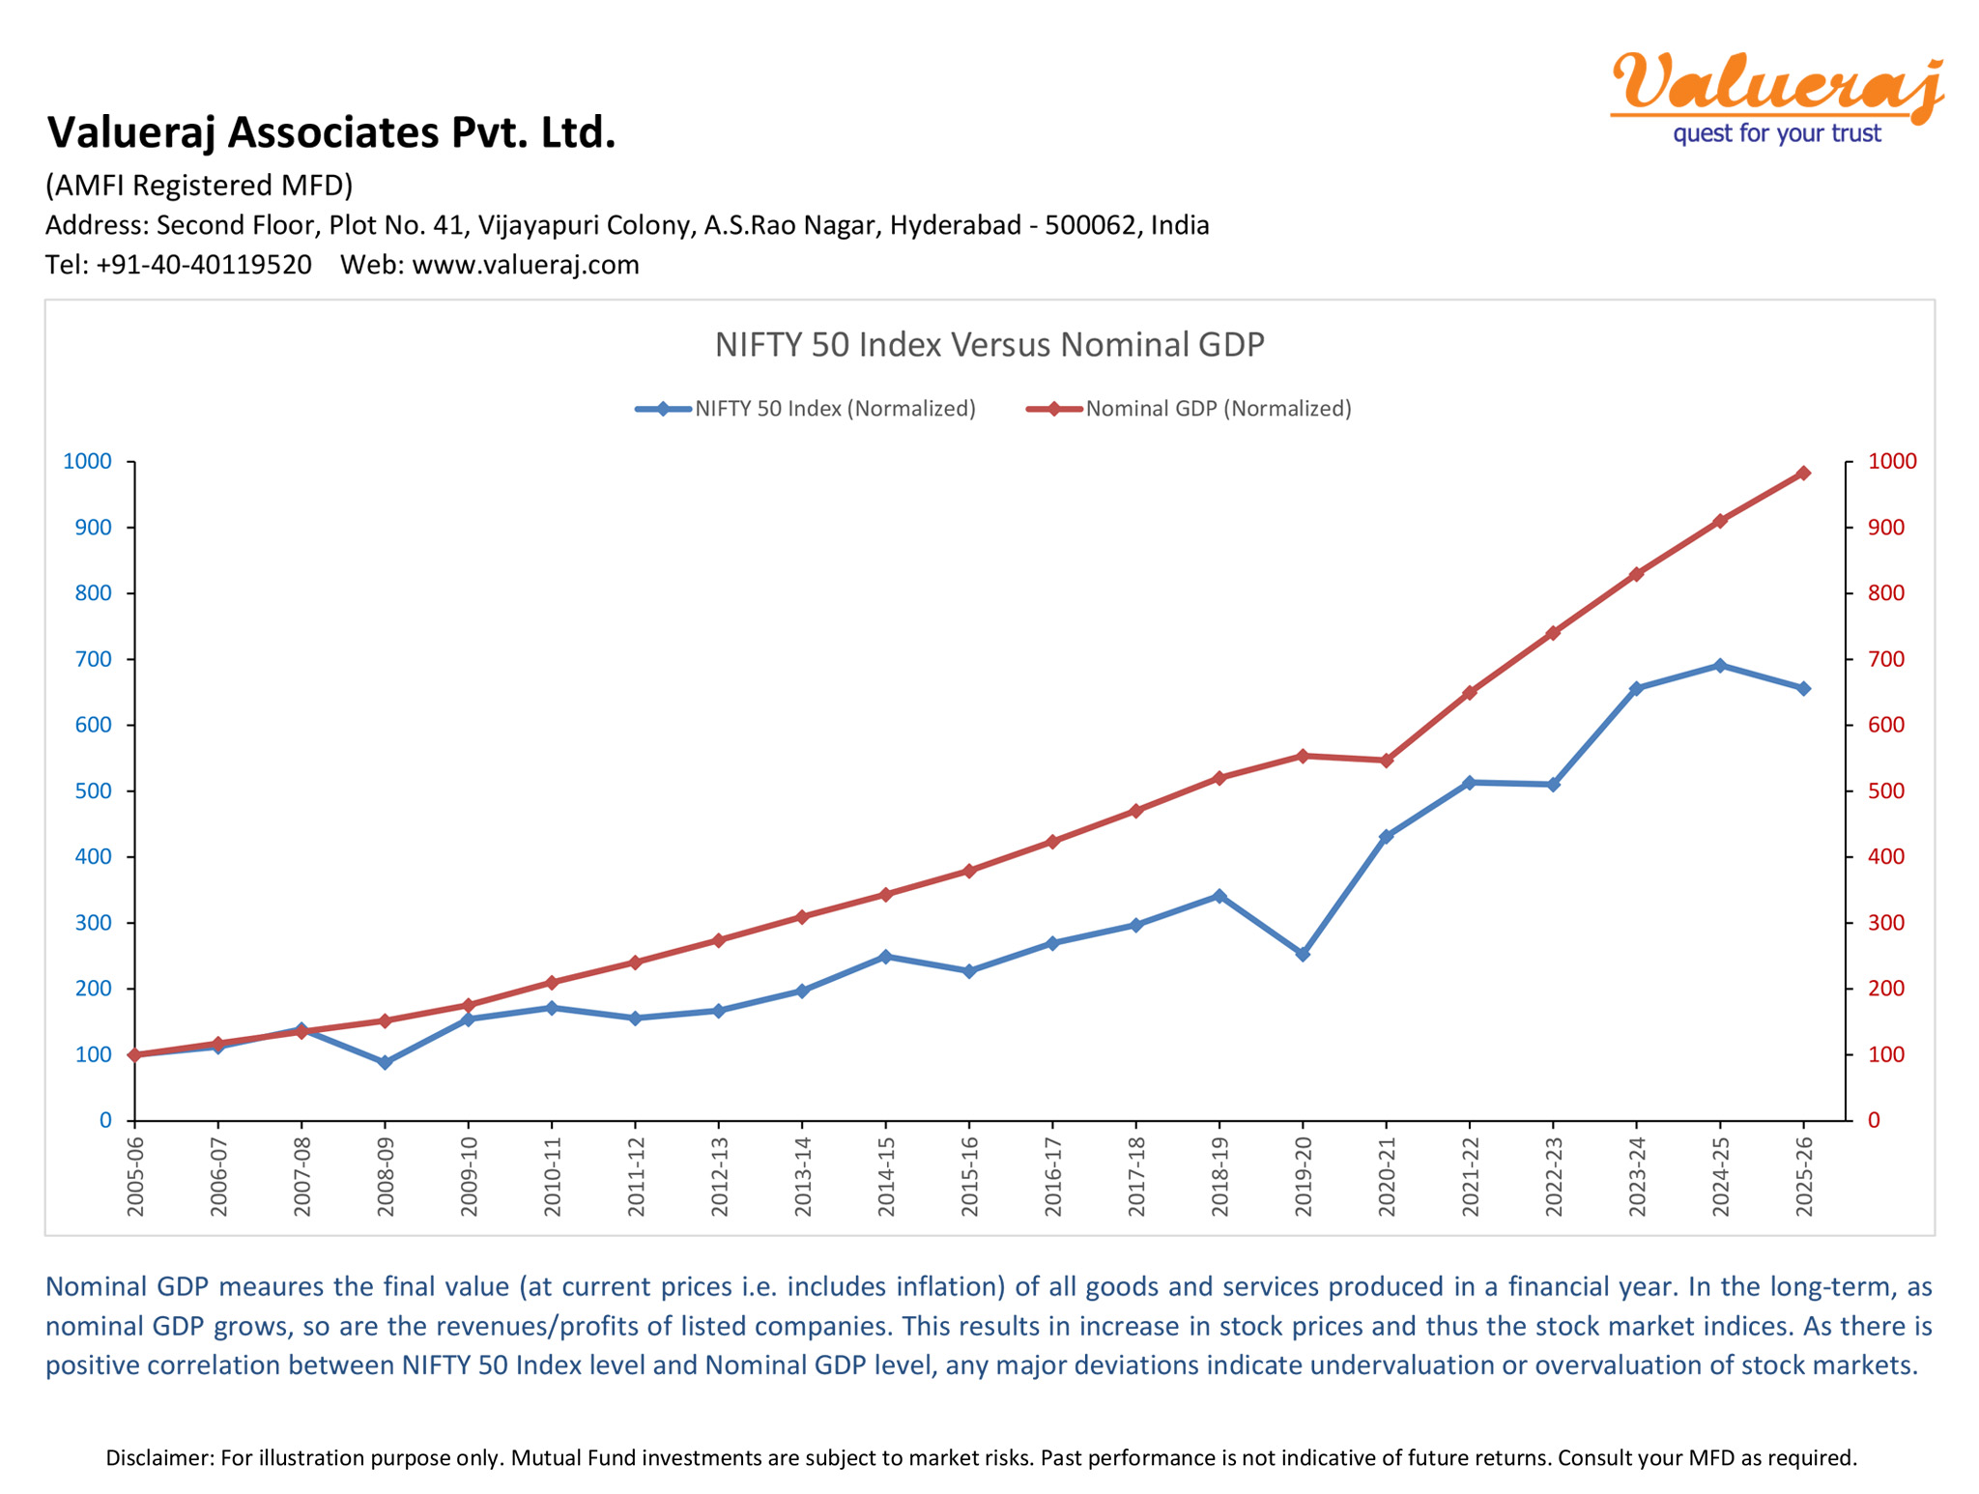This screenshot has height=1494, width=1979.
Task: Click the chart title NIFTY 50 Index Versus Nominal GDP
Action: [x=989, y=345]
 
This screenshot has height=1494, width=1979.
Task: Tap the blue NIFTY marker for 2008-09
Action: [x=385, y=1062]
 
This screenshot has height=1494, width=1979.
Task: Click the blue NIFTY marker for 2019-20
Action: [x=1303, y=954]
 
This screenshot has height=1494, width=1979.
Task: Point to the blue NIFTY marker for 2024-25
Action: [x=1720, y=666]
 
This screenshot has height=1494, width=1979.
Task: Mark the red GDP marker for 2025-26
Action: [x=1803, y=474]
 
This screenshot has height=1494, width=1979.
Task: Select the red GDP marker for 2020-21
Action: [x=1387, y=761]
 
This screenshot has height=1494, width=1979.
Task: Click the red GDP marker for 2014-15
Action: [x=885, y=895]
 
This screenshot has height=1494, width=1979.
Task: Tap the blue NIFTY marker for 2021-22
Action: [x=1470, y=783]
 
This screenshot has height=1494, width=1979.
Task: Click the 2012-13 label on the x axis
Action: [x=719, y=1177]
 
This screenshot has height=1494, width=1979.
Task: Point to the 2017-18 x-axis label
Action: [x=1136, y=1177]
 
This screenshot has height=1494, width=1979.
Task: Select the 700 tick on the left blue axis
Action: [x=94, y=659]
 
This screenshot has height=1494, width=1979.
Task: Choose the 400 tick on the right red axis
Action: [x=1885, y=857]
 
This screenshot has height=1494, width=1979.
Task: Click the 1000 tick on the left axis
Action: [x=88, y=461]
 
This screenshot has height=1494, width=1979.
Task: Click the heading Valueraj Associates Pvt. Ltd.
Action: [x=331, y=132]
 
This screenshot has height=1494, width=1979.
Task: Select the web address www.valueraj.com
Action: [x=526, y=265]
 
